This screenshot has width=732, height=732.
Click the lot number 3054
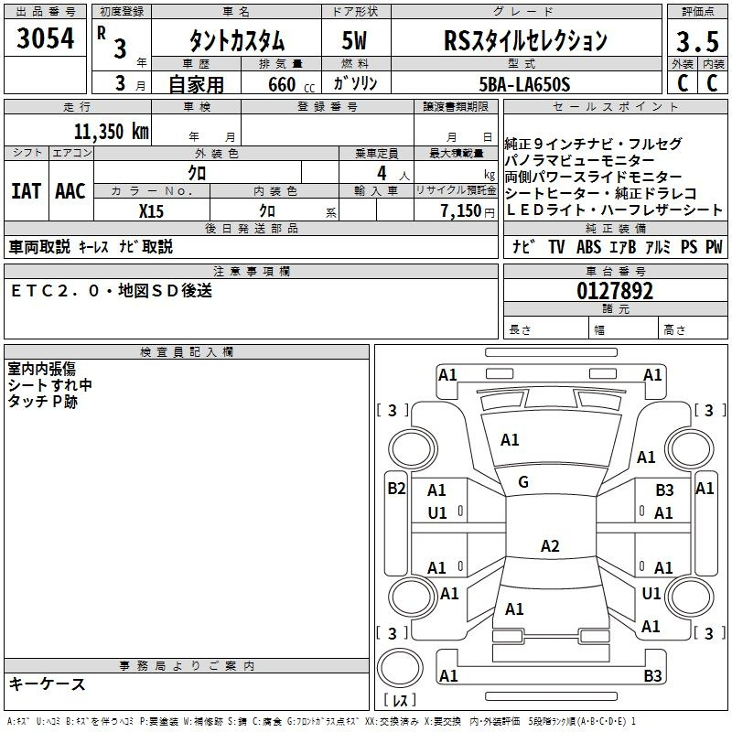[46, 39]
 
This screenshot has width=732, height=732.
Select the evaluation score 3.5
[697, 42]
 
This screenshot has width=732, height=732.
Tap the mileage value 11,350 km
[111, 131]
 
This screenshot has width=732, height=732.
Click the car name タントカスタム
[237, 40]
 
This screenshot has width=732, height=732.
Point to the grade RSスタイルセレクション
[525, 40]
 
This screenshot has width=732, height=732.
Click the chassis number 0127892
[615, 291]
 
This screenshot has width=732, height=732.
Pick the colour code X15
[151, 210]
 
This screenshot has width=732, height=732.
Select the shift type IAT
[26, 191]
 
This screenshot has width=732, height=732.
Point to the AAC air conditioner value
[70, 191]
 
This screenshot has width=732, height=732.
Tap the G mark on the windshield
[523, 482]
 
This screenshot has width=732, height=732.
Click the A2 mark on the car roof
[549, 546]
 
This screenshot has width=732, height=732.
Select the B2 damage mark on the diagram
[395, 489]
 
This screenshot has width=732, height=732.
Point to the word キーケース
[47, 684]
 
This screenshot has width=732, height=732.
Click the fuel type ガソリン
[356, 84]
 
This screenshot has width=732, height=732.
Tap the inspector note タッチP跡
[43, 401]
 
